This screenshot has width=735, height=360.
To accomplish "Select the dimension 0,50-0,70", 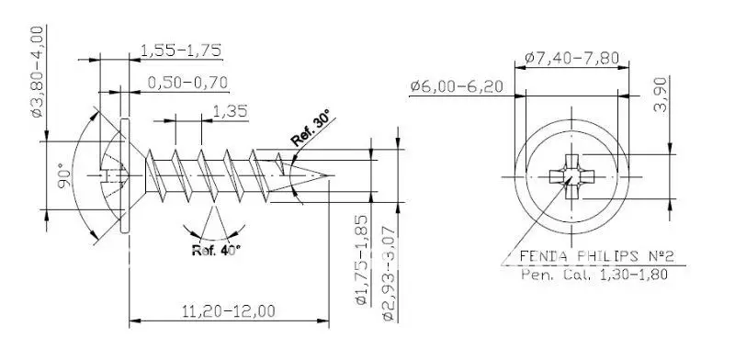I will pos(187,83).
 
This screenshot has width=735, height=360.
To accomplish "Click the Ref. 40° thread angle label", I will pos(216,249).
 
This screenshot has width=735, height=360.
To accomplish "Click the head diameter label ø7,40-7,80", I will pos(571,57).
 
